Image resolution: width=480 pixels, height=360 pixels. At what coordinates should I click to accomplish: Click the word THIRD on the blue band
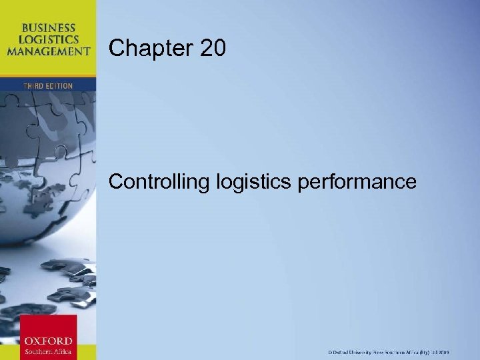pyautogui.click(x=35, y=85)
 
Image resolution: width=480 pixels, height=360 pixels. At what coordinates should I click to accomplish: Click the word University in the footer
pyautogui.click(x=362, y=351)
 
